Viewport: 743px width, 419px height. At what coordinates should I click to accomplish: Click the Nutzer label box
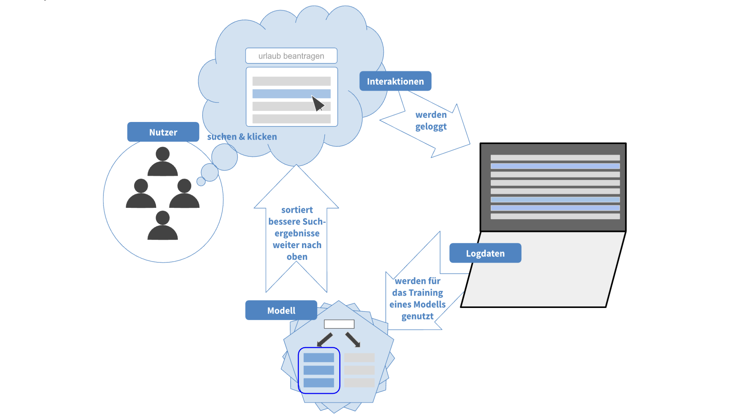click(x=163, y=132)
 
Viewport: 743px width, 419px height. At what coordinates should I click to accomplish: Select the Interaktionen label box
click(x=395, y=81)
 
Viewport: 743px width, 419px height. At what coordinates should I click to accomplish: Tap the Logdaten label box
click(x=485, y=253)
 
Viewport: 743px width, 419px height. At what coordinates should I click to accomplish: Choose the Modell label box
click(x=281, y=310)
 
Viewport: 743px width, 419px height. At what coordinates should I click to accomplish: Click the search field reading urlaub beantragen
click(x=291, y=56)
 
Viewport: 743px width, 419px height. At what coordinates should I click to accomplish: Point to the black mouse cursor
click(x=318, y=104)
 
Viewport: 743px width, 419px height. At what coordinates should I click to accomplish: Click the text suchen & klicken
click(x=242, y=137)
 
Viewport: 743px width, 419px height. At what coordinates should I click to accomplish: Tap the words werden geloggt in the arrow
click(x=431, y=121)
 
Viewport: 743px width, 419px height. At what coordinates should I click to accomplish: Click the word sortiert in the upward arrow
click(x=297, y=210)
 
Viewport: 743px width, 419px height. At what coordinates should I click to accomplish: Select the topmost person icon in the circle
click(x=162, y=162)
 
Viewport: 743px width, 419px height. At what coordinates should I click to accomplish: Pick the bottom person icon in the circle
click(x=162, y=226)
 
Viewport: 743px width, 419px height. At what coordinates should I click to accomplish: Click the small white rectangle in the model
click(x=339, y=324)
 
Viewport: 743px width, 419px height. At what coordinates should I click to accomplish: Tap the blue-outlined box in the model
click(x=319, y=370)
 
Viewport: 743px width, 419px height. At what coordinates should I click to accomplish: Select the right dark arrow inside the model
click(x=353, y=340)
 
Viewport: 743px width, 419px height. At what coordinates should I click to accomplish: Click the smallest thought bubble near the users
click(x=201, y=182)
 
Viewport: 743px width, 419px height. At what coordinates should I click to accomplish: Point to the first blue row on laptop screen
click(x=555, y=166)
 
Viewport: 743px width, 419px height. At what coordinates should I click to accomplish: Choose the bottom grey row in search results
click(x=291, y=119)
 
